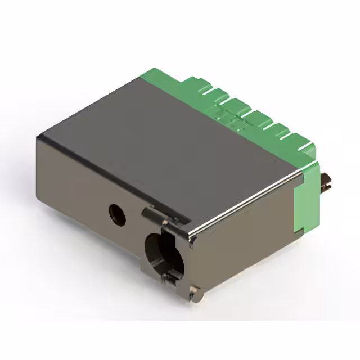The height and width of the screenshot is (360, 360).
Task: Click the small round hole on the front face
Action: click(x=118, y=214)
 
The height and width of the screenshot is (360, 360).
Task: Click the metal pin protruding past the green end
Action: click(x=326, y=183)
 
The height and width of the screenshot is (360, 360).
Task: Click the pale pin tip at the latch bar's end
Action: click(x=145, y=212)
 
